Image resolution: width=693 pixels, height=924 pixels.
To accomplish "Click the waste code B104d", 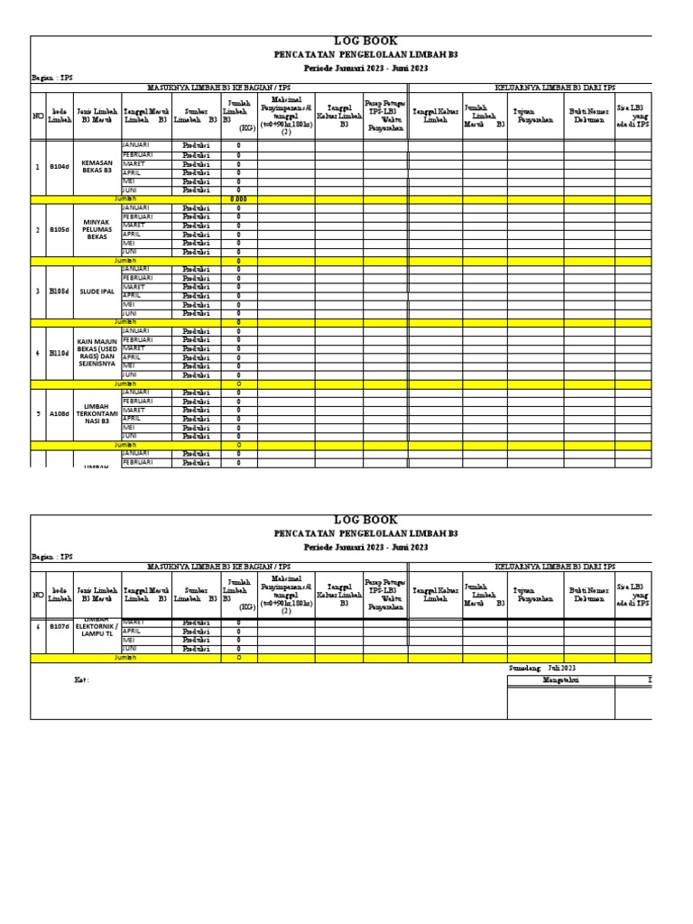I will coord(59,167).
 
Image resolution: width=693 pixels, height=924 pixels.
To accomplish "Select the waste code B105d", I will coord(59,230).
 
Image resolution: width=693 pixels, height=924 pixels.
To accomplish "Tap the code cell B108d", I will coord(59,291).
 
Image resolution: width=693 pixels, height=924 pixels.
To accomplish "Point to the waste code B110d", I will coord(59,353).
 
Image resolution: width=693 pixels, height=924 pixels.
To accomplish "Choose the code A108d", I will coord(59,414).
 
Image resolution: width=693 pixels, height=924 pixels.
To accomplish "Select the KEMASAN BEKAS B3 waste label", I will coord(97,167).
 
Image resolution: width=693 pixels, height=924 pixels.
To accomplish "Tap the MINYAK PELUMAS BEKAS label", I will coord(97,230).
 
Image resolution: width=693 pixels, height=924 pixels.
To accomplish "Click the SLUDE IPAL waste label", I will coord(97,291).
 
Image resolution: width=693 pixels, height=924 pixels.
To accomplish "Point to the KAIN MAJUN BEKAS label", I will coord(97,353).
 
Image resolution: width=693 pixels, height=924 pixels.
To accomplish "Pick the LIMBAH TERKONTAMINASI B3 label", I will coord(97,414).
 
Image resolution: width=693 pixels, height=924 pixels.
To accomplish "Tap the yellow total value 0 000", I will coord(238,199).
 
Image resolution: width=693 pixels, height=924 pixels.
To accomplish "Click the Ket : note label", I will coord(82,680).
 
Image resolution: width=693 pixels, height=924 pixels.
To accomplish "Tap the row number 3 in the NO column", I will coord(38,291).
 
